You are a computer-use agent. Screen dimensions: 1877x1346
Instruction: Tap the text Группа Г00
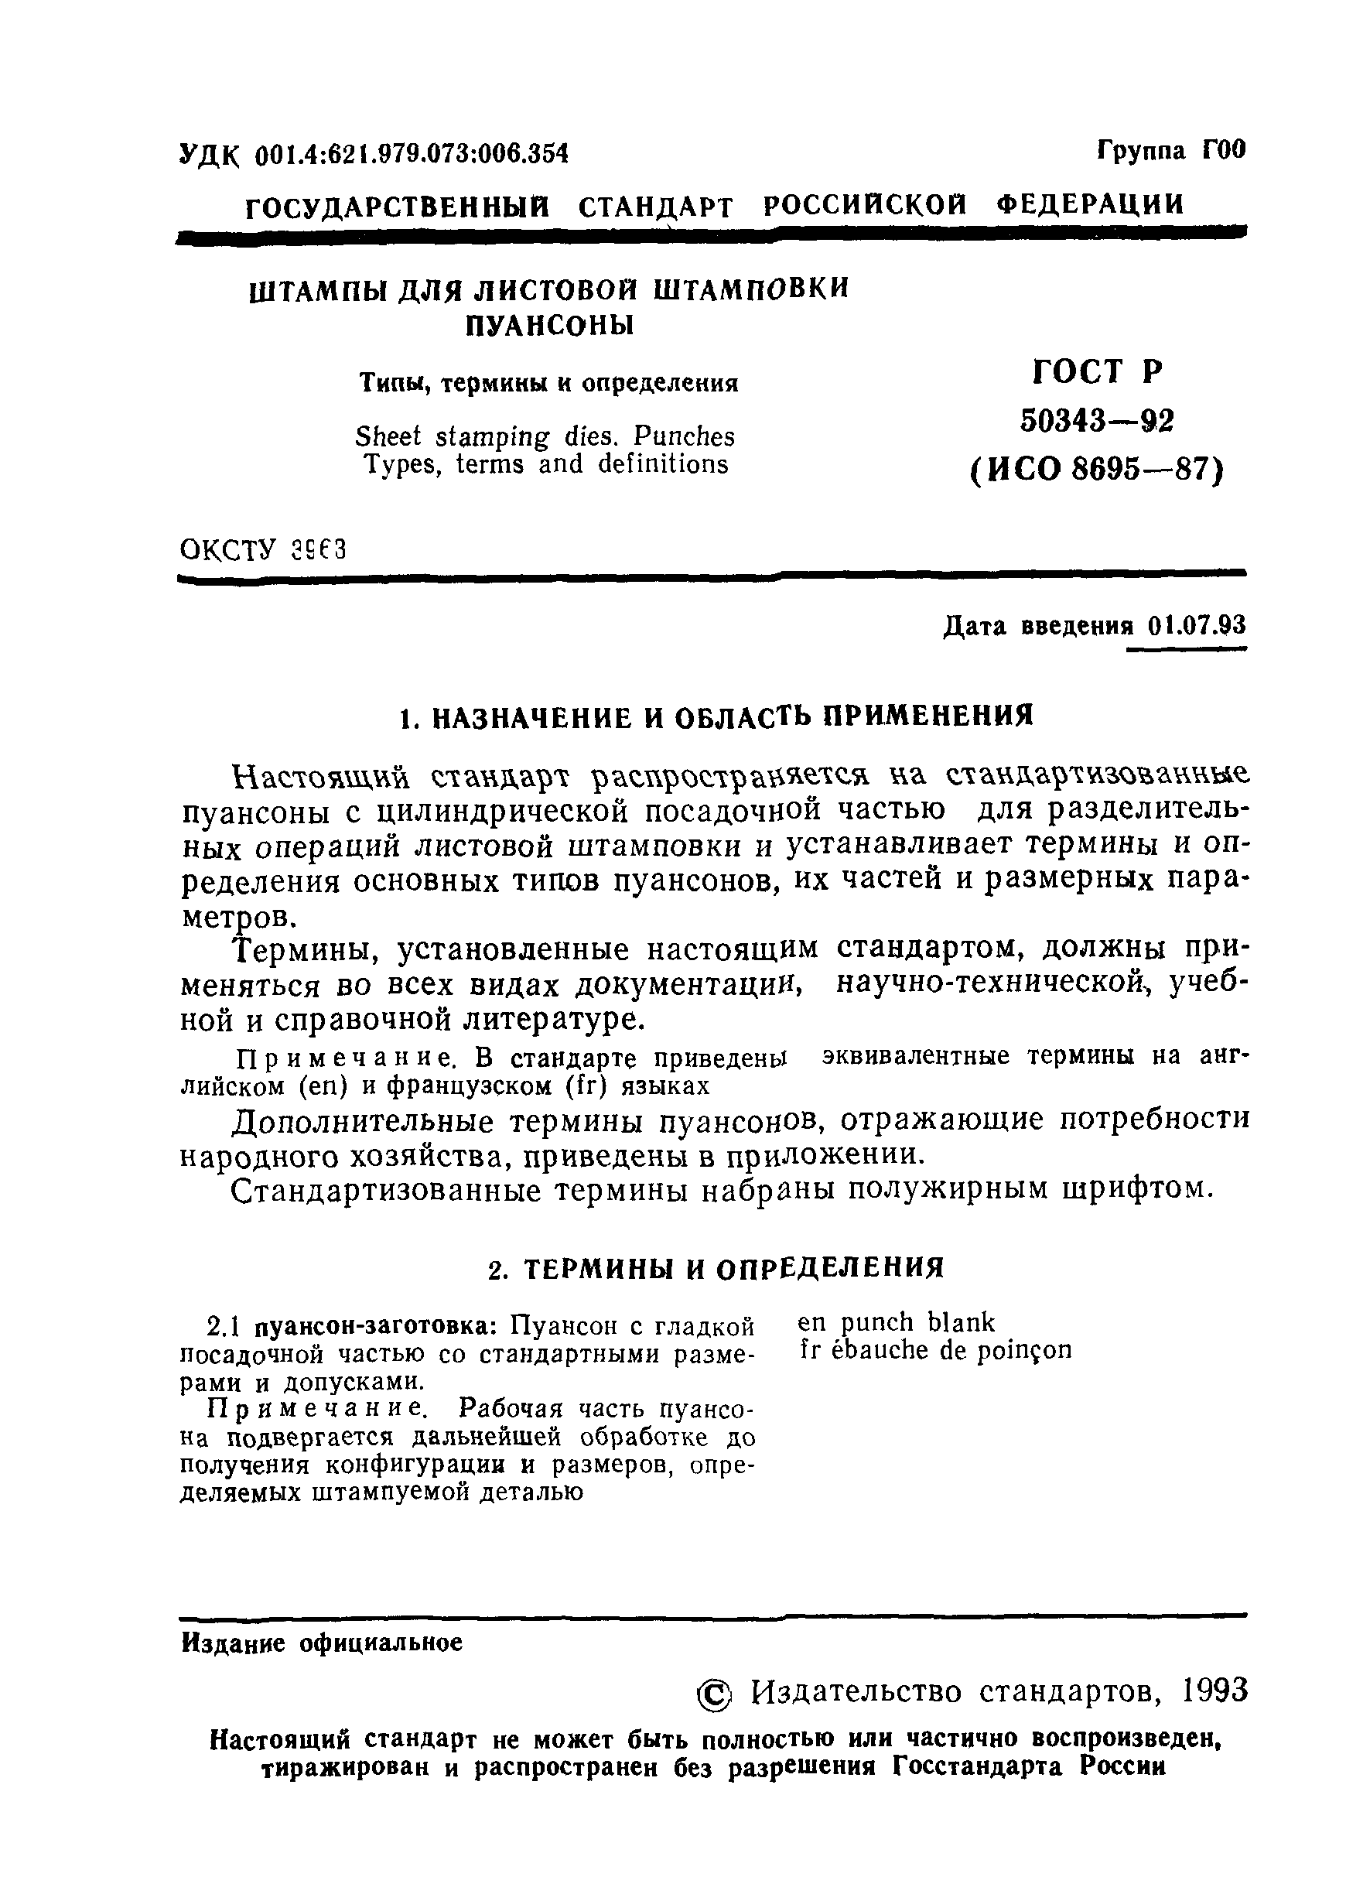click(x=1170, y=151)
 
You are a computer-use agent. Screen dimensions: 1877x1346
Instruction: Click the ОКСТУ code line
click(x=262, y=549)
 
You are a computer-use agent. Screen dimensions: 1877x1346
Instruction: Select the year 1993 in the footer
click(x=1214, y=1691)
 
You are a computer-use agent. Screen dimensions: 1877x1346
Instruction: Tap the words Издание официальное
click(x=322, y=1643)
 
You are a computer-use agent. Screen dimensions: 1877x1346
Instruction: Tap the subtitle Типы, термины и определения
click(x=548, y=383)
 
